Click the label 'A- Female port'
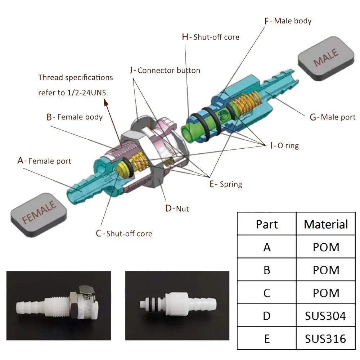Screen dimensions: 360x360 44,161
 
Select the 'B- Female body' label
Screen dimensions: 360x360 75,117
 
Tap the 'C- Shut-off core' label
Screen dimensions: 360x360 124,234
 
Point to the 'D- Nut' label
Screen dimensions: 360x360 177,208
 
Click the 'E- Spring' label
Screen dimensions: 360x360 226,184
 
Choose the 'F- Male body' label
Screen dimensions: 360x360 288,21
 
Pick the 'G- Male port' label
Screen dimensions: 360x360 332,117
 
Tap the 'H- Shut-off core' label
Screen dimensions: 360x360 211,37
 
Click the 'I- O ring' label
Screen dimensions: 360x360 284,146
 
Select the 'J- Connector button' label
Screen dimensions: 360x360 165,70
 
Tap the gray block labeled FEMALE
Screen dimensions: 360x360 39,213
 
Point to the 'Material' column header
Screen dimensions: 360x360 326,224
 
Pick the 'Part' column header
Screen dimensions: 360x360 267,224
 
